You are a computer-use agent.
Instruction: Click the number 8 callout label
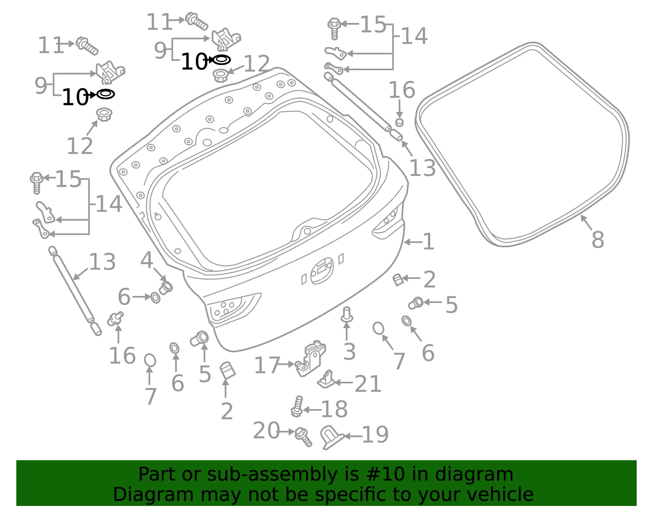[x=598, y=240]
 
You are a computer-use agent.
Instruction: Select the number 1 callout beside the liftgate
[x=429, y=241]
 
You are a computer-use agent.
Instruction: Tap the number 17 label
[x=267, y=365]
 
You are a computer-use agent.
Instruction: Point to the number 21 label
[x=368, y=384]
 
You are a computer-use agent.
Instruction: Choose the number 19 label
[x=375, y=435]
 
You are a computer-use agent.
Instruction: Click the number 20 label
[x=267, y=430]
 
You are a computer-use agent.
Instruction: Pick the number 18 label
[x=334, y=409]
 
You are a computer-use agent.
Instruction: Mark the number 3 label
[x=349, y=351]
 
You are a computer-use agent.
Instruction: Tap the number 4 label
[x=147, y=260]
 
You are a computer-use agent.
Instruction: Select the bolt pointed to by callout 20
[x=304, y=437]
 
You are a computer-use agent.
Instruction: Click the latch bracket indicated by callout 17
[x=311, y=359]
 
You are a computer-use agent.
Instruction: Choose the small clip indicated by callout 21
[x=326, y=380]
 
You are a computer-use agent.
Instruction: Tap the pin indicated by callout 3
[x=347, y=314]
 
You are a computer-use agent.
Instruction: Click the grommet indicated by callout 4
[x=166, y=287]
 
